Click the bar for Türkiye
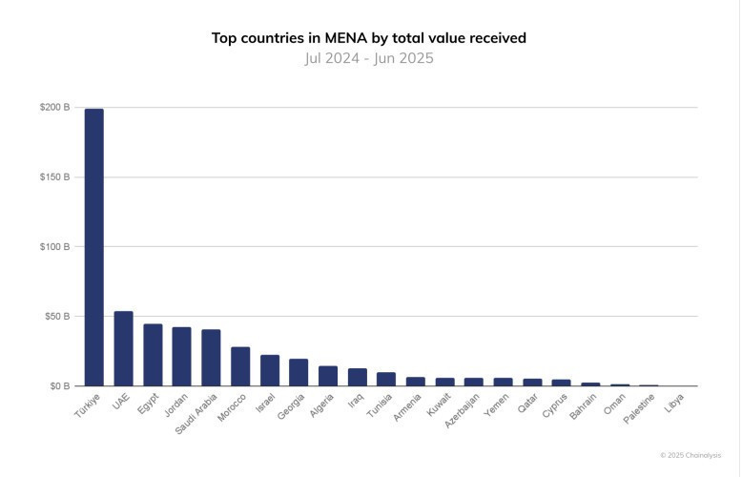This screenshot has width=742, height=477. tap(94, 248)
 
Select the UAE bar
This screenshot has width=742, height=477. tap(123, 349)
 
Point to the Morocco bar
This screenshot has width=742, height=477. tap(240, 366)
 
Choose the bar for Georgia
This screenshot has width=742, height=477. tap(299, 373)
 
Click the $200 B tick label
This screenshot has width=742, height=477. tap(55, 108)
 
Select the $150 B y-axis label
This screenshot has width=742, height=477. tap(55, 177)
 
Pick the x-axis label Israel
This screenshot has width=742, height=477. tap(266, 403)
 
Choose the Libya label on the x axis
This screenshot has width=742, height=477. tap(673, 402)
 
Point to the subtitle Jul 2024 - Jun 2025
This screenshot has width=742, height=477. tap(369, 58)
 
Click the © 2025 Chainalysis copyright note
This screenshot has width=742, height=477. tap(690, 455)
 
